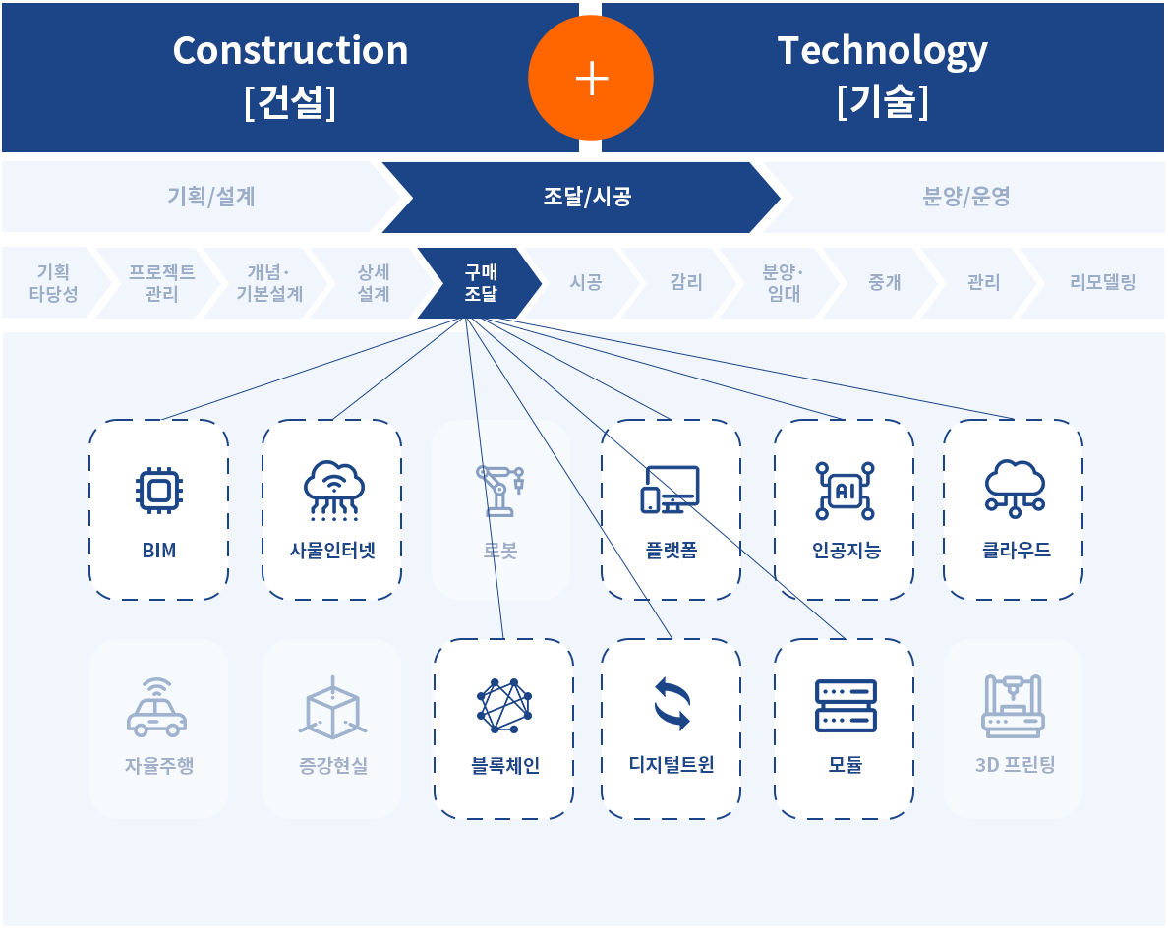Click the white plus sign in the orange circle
(591, 79)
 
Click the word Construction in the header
(290, 50)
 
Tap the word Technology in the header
(882, 50)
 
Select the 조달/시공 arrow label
(586, 197)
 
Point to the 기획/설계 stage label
(211, 197)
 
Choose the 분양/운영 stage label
(965, 197)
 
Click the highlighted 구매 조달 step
(481, 282)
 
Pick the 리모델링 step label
(1102, 283)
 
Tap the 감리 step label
(686, 283)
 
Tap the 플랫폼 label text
(672, 551)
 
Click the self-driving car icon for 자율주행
(157, 707)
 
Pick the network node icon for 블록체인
(504, 706)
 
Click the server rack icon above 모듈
(845, 706)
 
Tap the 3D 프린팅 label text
(1015, 765)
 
